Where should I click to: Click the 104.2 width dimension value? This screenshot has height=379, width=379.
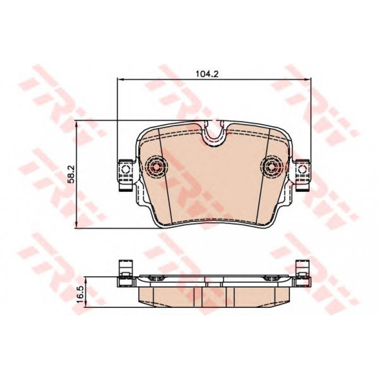click(x=207, y=74)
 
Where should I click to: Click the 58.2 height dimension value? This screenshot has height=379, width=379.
click(x=72, y=174)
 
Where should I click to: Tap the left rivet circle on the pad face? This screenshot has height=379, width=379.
click(x=156, y=166)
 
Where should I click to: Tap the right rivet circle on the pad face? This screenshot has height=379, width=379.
click(x=272, y=166)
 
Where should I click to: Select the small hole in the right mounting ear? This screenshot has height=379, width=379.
click(x=302, y=169)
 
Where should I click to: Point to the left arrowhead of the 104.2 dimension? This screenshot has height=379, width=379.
click(x=120, y=79)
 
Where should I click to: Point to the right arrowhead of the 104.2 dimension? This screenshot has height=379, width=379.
click(x=308, y=79)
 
